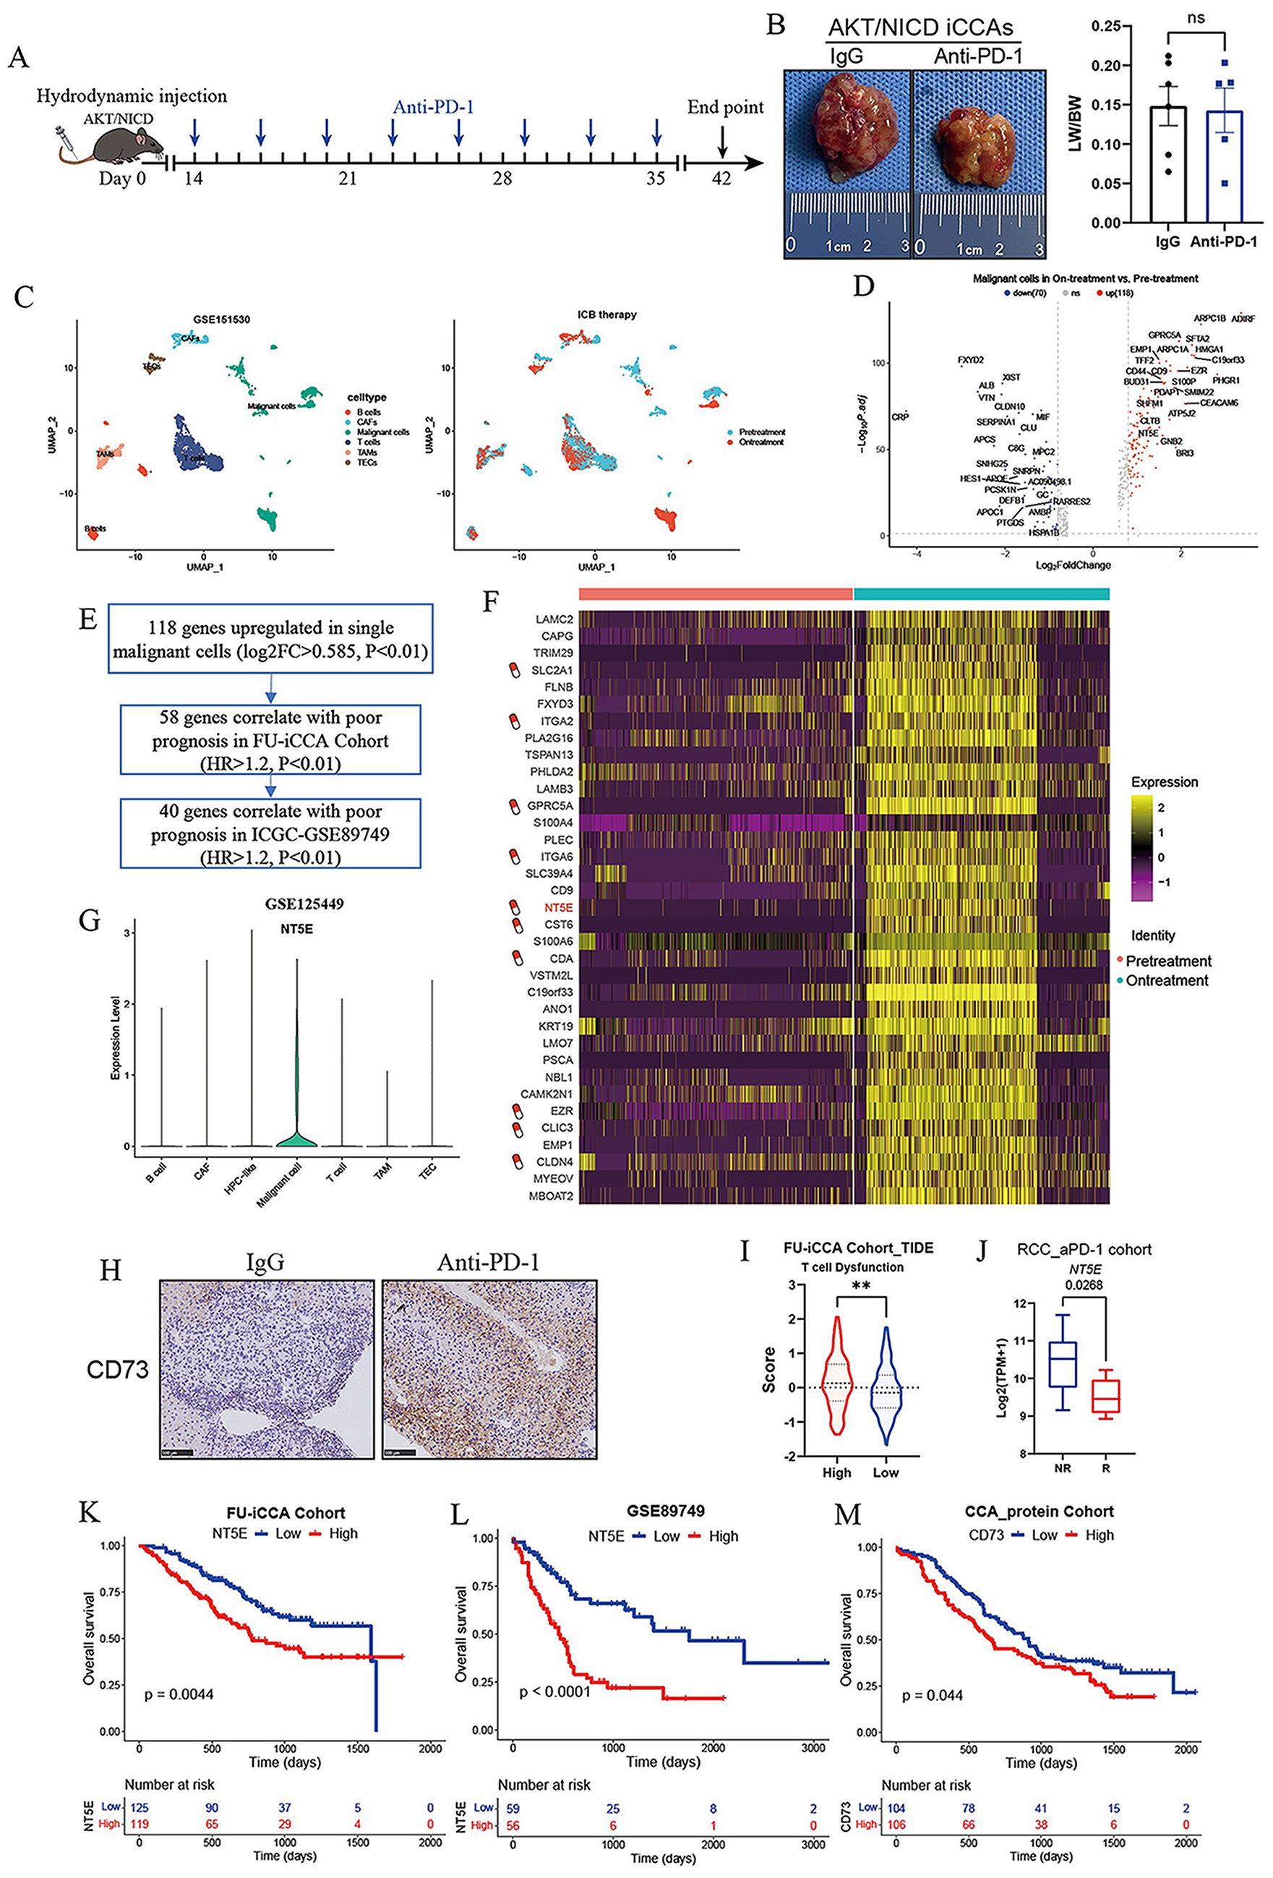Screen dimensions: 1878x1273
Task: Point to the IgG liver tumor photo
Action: pos(846,133)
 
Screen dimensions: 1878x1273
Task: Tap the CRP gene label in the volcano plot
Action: pos(899,417)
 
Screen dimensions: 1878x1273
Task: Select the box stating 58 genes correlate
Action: pos(271,740)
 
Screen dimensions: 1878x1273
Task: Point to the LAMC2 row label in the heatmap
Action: pos(554,619)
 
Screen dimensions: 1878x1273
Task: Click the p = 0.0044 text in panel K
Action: pos(179,1694)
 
